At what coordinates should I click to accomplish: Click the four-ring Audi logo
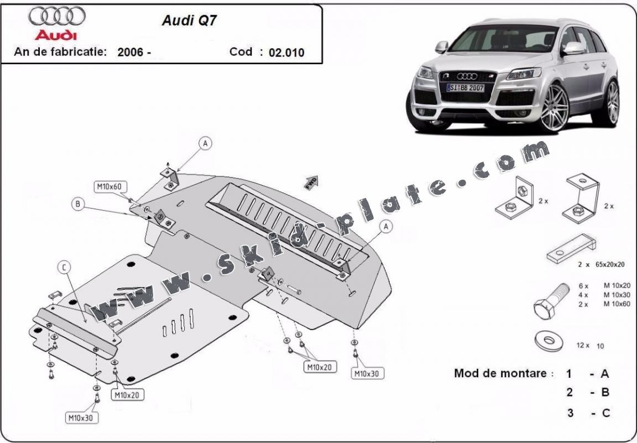click(x=57, y=17)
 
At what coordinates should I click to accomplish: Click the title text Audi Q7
click(x=182, y=21)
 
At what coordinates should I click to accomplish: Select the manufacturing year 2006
click(x=130, y=53)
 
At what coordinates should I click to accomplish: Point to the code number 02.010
click(x=286, y=53)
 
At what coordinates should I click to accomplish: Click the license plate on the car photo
click(x=465, y=88)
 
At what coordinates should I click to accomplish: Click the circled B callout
click(x=78, y=204)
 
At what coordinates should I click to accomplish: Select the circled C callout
click(x=65, y=268)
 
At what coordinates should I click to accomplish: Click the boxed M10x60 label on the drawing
click(x=109, y=187)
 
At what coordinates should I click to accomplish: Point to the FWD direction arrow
click(x=312, y=182)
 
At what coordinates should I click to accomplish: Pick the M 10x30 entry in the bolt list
click(x=617, y=295)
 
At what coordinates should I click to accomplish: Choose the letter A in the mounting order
click(x=605, y=374)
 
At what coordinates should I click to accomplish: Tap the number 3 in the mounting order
click(x=569, y=413)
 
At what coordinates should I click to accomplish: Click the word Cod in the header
click(x=241, y=52)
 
